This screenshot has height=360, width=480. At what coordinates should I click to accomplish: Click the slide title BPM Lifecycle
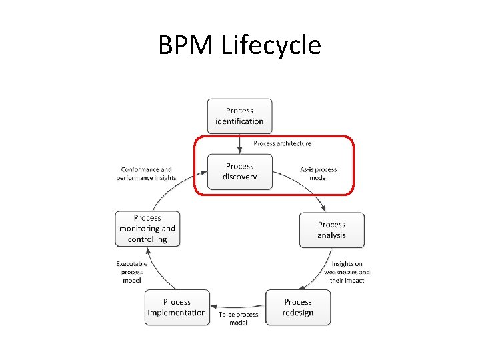[x=240, y=45]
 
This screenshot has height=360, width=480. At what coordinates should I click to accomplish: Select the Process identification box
[x=239, y=116]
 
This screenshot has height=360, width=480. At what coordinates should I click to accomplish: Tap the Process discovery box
[x=239, y=171]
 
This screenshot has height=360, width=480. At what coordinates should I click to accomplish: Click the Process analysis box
[x=331, y=230]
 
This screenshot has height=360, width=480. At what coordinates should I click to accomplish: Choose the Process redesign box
[x=297, y=307]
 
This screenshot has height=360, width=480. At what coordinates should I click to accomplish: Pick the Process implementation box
[x=177, y=307]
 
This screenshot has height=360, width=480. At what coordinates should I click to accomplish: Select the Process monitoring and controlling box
[x=147, y=229]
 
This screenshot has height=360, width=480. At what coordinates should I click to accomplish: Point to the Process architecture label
[x=282, y=143]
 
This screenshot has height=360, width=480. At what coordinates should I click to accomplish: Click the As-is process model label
[x=318, y=173]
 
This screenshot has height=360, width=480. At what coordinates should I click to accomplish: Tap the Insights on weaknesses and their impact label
[x=347, y=272]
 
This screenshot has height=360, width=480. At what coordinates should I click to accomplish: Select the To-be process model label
[x=238, y=318]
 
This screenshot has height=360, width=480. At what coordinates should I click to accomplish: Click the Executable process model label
[x=132, y=272]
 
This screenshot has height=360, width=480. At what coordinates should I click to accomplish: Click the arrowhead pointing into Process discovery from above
[x=239, y=150]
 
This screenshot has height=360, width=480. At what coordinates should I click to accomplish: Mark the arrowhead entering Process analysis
[x=324, y=207]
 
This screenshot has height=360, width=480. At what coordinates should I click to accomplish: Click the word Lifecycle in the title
[x=270, y=45]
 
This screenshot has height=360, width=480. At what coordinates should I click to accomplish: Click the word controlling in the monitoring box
[x=147, y=239]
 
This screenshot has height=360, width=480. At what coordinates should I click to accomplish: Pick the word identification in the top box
[x=239, y=121]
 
